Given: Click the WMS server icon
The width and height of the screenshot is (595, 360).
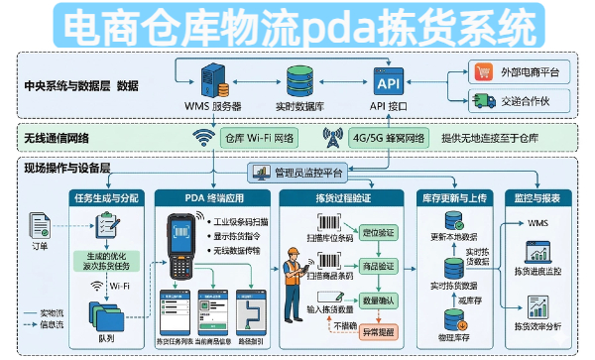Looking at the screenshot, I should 211,77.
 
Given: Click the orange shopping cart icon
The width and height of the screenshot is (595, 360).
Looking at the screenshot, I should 484,71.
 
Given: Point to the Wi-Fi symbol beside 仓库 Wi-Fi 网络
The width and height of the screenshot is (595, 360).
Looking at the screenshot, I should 204,137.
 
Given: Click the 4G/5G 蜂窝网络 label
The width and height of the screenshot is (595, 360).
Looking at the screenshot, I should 389,137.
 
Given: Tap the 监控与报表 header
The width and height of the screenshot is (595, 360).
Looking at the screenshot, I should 539,196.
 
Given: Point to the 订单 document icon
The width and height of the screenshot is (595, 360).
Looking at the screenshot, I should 41,226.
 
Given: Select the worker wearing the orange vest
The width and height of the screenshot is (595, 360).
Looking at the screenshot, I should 295,276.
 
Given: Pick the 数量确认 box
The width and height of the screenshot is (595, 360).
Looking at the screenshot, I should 379,299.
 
